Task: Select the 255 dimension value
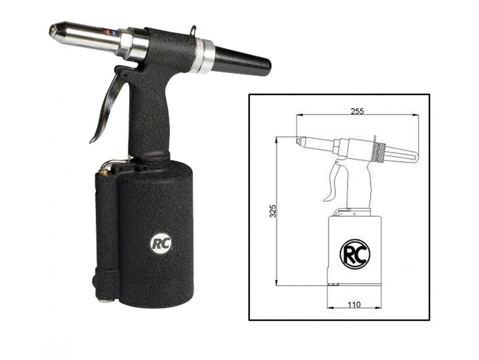click(357, 112)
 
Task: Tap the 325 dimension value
click(273, 211)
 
